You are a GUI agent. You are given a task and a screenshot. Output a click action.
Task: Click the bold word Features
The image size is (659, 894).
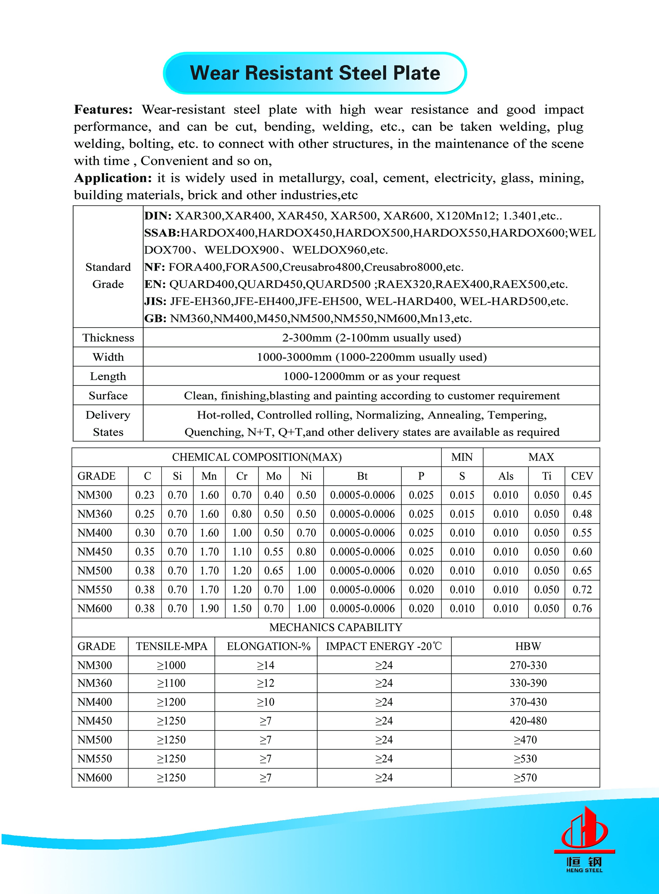(x=103, y=110)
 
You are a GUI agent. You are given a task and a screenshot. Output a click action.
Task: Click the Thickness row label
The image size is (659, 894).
(x=108, y=338)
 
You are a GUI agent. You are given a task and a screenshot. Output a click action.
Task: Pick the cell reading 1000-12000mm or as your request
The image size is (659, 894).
(x=371, y=376)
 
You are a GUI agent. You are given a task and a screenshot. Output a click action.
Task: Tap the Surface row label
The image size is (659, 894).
(x=108, y=395)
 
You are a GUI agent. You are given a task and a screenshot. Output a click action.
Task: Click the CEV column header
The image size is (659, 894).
(x=582, y=476)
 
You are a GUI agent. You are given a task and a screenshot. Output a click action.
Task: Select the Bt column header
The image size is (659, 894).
(x=362, y=476)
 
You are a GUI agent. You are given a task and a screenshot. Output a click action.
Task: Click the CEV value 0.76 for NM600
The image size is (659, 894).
(x=582, y=608)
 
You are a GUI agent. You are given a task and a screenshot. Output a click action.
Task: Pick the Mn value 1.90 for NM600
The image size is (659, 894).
(x=209, y=608)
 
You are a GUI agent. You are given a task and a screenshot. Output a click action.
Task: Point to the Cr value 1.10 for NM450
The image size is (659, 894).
(x=242, y=552)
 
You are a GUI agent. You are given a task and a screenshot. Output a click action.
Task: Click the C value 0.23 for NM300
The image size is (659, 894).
(x=145, y=495)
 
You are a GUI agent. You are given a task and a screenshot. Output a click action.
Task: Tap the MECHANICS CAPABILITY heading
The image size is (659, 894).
(x=336, y=628)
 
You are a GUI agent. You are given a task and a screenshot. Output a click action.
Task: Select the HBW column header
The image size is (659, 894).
(x=528, y=646)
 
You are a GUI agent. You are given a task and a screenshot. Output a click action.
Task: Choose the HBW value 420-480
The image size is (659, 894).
(x=528, y=721)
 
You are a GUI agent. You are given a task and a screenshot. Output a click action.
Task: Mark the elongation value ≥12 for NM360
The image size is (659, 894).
(x=266, y=683)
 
